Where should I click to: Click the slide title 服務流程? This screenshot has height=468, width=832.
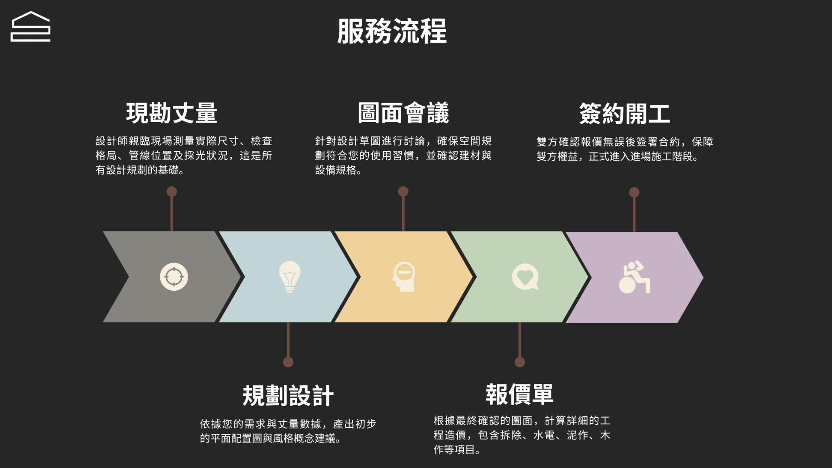(x=392, y=31)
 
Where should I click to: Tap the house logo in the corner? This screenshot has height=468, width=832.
(x=30, y=27)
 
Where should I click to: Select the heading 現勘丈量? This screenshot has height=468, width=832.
(x=172, y=113)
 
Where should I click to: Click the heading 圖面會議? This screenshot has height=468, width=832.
(x=403, y=113)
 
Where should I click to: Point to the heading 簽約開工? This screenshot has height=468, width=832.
(x=624, y=114)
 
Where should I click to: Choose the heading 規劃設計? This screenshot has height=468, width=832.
(x=288, y=396)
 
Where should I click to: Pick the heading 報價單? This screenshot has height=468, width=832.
(x=519, y=394)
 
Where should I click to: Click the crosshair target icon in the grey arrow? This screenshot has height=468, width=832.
(x=174, y=276)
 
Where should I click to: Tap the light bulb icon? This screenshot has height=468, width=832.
(x=289, y=276)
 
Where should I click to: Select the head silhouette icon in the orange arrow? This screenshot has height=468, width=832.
(x=404, y=276)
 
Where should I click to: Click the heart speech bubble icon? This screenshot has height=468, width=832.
(x=525, y=276)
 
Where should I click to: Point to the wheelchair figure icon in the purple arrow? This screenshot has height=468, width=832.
(x=634, y=277)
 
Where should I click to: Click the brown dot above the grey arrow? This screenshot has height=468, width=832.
(x=172, y=192)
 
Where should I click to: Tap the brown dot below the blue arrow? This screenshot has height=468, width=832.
(x=288, y=362)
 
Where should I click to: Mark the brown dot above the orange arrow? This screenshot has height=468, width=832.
(x=403, y=192)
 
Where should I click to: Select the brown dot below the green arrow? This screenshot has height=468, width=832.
(x=520, y=362)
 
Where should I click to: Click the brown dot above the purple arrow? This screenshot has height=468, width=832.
(x=634, y=192)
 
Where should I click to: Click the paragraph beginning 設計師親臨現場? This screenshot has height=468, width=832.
(x=184, y=155)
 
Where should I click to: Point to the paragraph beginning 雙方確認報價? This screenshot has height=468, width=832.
(x=624, y=149)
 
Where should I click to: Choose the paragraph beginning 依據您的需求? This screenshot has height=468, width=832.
(x=288, y=431)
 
